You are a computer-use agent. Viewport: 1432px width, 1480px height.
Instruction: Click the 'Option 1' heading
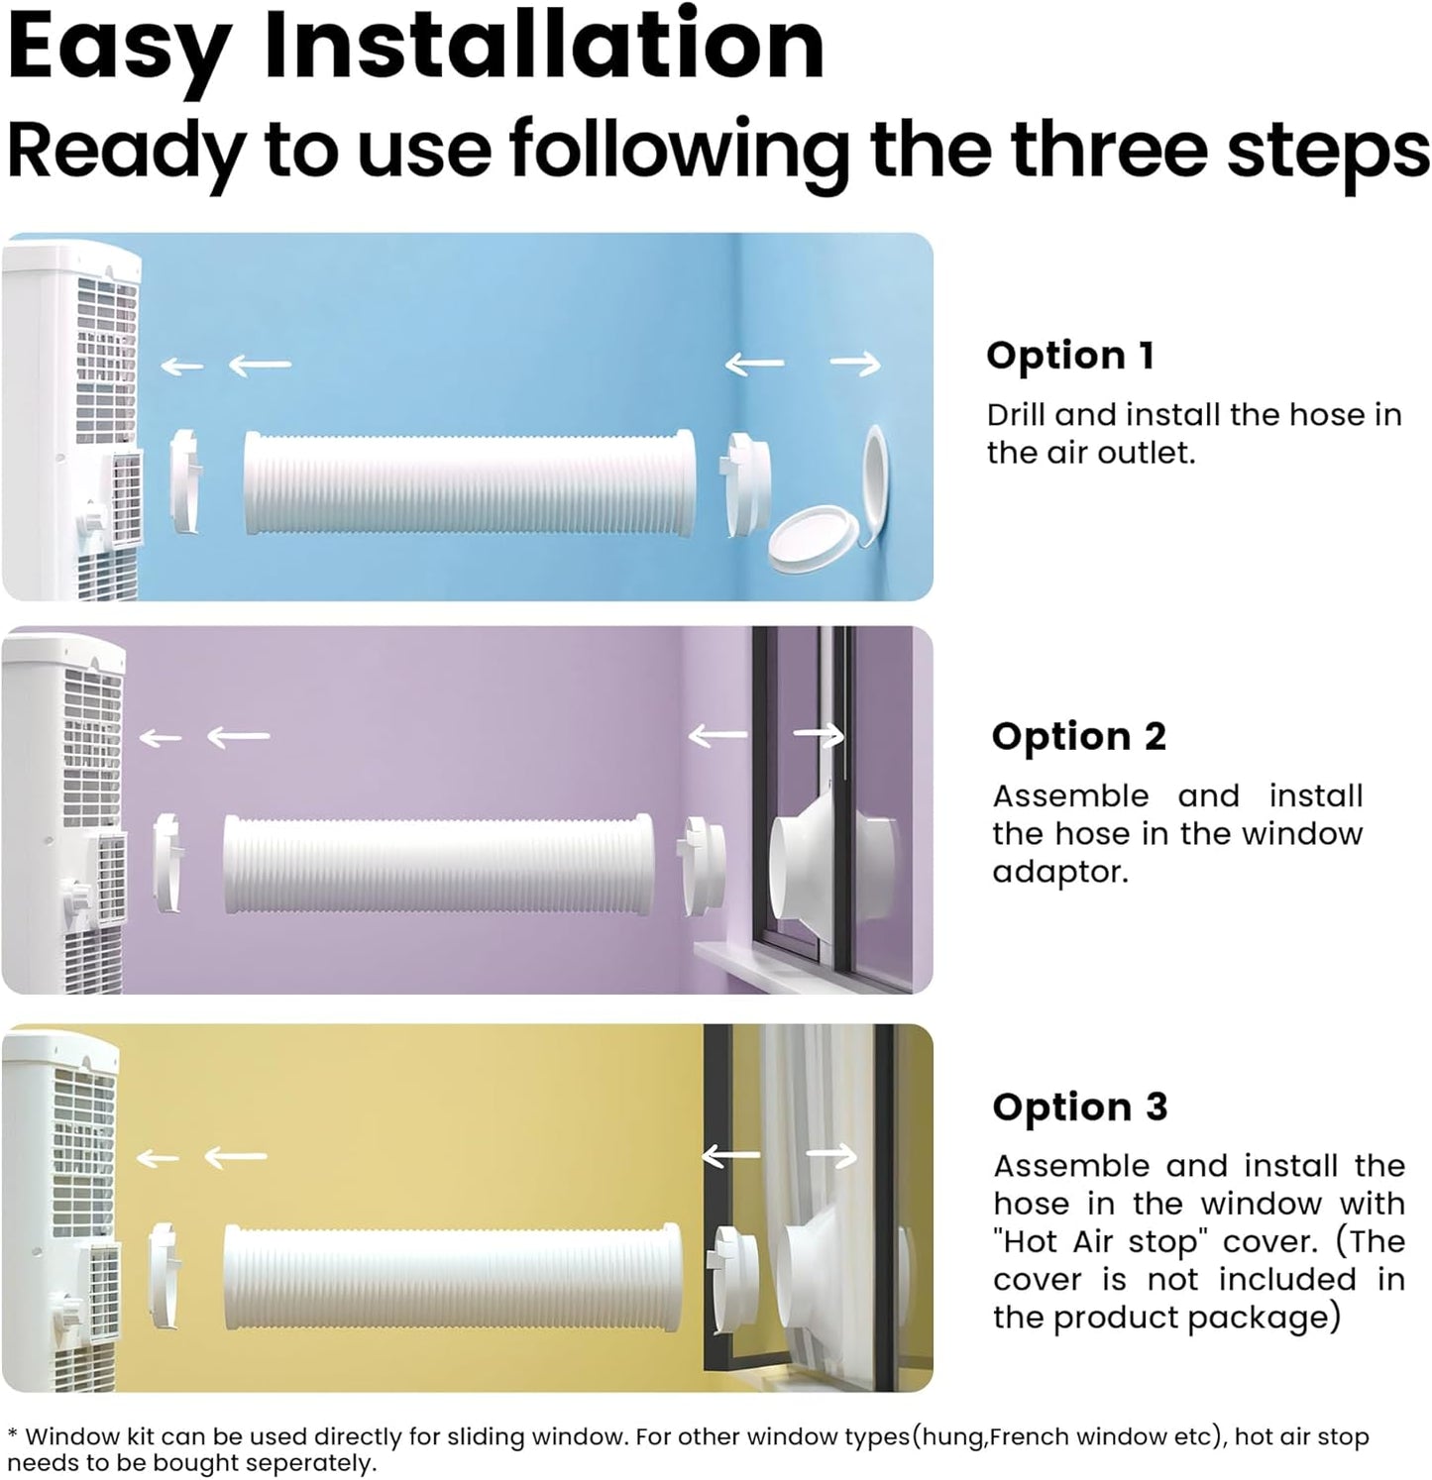tap(1070, 356)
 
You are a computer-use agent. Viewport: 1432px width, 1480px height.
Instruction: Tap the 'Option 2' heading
tap(1079, 736)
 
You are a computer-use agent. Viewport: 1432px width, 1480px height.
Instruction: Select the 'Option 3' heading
tap(1080, 1107)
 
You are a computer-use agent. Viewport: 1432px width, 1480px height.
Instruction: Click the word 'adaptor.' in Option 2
tap(1060, 872)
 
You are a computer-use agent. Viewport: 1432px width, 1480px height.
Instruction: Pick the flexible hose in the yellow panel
tap(453, 1274)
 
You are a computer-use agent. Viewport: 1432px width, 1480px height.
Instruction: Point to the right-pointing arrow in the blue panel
tap(855, 366)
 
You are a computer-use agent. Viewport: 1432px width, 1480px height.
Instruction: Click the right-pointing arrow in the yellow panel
tap(831, 1156)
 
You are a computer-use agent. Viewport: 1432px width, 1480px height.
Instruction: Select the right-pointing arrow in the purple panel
tap(819, 735)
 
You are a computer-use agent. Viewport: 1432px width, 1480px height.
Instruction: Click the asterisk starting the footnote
tap(12, 1434)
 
